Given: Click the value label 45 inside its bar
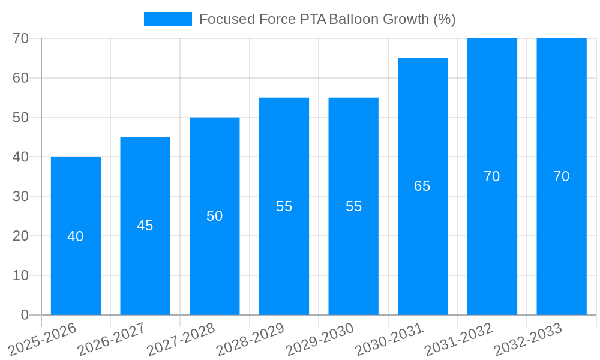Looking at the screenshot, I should click(x=145, y=226).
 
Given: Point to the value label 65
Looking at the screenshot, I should click(x=422, y=186).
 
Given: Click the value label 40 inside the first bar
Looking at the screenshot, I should click(x=76, y=236).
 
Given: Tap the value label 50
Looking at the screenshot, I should click(x=215, y=216).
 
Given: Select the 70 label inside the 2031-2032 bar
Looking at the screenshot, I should click(x=492, y=176).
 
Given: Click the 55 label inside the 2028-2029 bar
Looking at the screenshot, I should click(x=284, y=206).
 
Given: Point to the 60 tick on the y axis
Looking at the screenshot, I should click(x=21, y=78).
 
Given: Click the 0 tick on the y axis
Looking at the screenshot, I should click(x=25, y=315).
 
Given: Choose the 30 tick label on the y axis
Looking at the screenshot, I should click(x=21, y=196).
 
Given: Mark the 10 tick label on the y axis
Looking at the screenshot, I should click(x=21, y=275).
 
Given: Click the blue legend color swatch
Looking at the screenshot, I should click(x=168, y=19).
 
